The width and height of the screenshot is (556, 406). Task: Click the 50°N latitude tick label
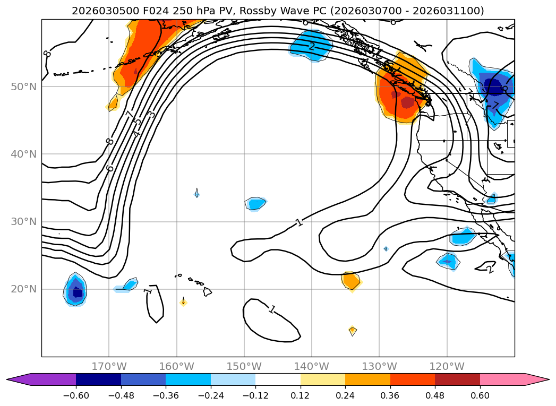[23, 87]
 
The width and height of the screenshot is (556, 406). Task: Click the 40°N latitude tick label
[23, 154]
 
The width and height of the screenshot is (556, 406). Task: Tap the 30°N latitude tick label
[23, 222]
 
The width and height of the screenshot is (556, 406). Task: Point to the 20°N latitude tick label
[23, 289]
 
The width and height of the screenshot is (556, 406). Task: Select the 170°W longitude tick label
[109, 366]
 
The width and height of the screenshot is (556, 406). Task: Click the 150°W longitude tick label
[244, 366]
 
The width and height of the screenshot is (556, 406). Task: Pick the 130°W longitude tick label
[379, 366]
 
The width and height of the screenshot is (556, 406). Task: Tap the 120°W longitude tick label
[447, 366]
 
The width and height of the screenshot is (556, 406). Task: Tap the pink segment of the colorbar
[502, 379]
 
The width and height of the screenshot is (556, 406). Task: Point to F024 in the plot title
[147, 11]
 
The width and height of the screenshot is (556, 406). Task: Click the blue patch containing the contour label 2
[311, 45]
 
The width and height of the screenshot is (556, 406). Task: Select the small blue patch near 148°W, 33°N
[256, 203]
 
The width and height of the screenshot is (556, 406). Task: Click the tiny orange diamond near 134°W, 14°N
[353, 331]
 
